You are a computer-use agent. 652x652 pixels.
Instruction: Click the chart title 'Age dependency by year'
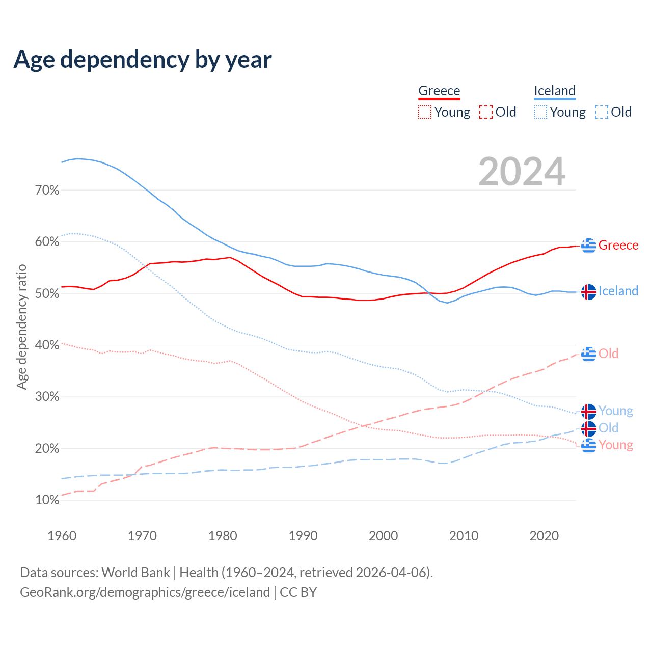[143, 60]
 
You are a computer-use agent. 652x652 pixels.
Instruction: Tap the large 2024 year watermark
[522, 172]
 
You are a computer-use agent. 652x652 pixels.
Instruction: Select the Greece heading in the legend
[439, 91]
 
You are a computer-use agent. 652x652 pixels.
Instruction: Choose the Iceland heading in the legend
[555, 91]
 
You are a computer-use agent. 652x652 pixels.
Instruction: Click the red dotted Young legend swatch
[424, 112]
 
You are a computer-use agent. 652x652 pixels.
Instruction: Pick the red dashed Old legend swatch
[486, 112]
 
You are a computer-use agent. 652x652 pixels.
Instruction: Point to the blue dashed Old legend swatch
[602, 112]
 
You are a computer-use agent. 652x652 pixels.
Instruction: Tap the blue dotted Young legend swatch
[540, 112]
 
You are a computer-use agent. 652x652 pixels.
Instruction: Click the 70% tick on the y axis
[47, 191]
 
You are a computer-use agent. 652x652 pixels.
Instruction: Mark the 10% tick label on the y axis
[47, 500]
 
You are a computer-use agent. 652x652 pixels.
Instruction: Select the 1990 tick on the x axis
[303, 536]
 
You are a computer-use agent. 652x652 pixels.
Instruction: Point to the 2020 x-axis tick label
[544, 536]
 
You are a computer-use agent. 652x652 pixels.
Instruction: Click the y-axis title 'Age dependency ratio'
[21, 327]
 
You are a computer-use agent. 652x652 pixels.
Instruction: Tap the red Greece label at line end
[618, 245]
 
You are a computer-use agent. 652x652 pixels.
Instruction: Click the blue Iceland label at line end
[618, 291]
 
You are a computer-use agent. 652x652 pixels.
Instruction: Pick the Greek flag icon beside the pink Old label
[589, 354]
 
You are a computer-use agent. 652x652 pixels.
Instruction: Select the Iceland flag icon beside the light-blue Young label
[589, 411]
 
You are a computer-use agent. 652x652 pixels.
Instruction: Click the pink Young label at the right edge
[616, 445]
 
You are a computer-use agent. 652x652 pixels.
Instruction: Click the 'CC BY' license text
[298, 592]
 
